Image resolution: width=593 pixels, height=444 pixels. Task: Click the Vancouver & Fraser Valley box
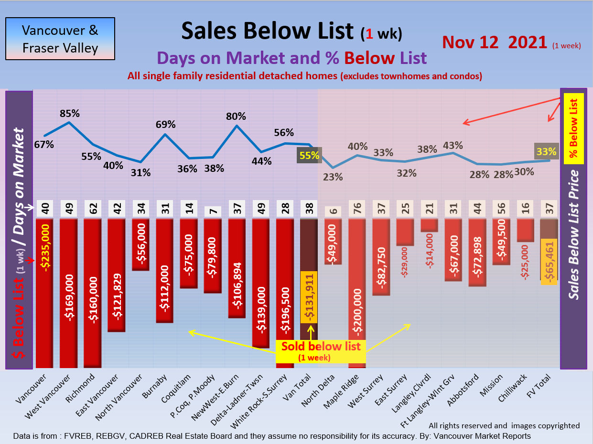click(x=60, y=39)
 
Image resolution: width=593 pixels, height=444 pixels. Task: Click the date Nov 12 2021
click(x=495, y=42)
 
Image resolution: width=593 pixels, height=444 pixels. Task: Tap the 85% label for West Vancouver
click(x=70, y=114)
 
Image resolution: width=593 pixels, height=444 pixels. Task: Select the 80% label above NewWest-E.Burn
click(x=236, y=116)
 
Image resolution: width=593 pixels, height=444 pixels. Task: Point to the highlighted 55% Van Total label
click(x=309, y=155)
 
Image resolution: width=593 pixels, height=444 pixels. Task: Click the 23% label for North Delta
click(x=333, y=177)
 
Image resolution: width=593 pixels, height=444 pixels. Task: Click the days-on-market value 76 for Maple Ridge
click(x=356, y=209)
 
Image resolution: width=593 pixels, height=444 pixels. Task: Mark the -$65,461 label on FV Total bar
click(x=549, y=262)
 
